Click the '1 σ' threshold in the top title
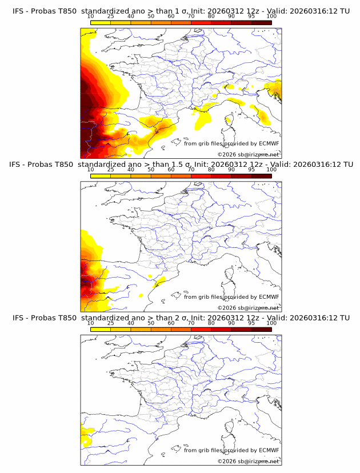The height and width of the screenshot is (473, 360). [x=175, y=11]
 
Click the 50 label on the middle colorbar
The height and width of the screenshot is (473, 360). [x=151, y=170]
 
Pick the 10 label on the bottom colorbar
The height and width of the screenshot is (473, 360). [x=91, y=323]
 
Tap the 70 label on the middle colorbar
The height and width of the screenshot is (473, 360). [x=191, y=170]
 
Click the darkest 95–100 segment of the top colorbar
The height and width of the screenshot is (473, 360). [x=261, y=23]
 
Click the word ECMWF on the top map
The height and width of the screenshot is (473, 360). [x=269, y=143]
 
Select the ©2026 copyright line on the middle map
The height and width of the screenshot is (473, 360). [x=248, y=307]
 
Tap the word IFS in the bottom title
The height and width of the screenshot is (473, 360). [x=18, y=318]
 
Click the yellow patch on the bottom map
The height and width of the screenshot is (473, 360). [x=86, y=438]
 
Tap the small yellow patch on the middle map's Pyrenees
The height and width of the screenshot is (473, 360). [x=159, y=280]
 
